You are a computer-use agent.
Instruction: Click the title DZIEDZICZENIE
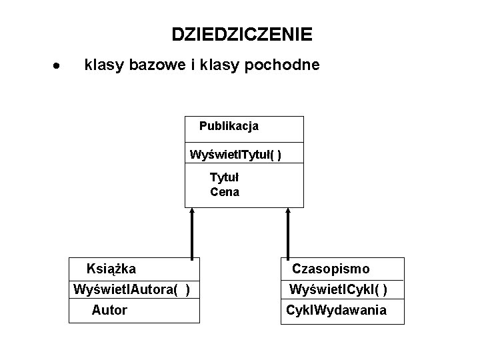(241, 34)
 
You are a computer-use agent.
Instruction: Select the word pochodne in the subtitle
(286, 65)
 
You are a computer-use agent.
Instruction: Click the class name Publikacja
(229, 126)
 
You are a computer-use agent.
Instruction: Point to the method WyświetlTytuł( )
(235, 155)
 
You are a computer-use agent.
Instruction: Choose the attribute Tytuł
(224, 177)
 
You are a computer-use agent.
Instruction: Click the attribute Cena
(225, 193)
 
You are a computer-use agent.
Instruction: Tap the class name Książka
(111, 269)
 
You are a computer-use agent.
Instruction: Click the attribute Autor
(109, 310)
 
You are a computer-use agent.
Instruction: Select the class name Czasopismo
(331, 269)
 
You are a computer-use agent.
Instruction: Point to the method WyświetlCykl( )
(338, 290)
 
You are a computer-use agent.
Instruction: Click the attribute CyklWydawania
(336, 310)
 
